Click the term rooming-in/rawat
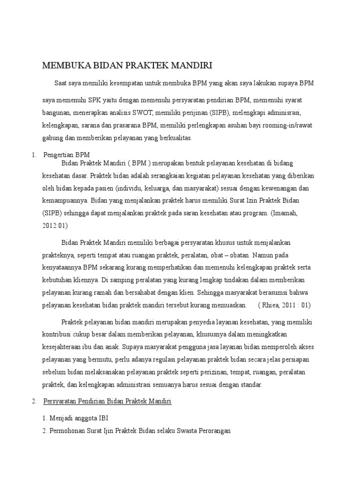[x=295, y=126]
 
